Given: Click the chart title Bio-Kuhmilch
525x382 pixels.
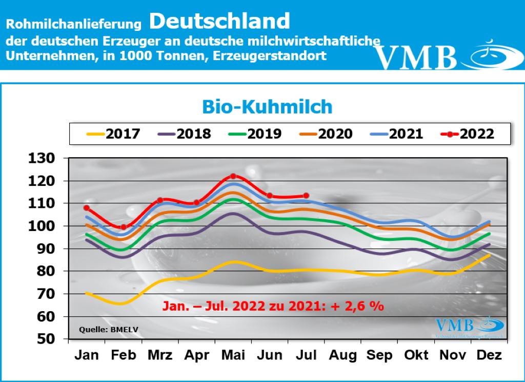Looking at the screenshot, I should coord(267,106).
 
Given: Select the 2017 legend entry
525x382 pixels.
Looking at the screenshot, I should coord(112,134).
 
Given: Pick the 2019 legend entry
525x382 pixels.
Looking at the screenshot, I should coord(254,134).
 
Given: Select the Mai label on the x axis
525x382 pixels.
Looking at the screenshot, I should coord(233,355).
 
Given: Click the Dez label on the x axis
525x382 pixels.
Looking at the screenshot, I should coord(489,355).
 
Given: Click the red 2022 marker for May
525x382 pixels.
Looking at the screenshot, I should coord(233,177).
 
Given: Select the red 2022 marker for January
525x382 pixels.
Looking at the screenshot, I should coord(87,208).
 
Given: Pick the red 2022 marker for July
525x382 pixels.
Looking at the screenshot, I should coord(306,196).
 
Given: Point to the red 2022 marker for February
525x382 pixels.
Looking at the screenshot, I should coord(123,227).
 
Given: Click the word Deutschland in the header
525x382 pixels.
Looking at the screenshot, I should coord(220,21).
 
